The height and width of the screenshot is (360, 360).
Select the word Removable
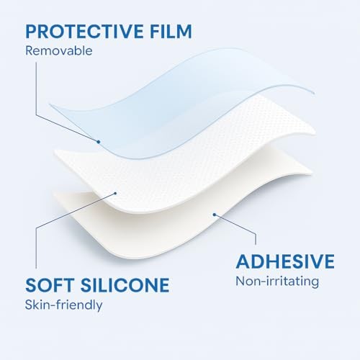click(x=59, y=50)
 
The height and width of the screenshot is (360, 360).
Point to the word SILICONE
click(x=125, y=285)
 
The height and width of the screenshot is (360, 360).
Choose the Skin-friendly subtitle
click(x=63, y=305)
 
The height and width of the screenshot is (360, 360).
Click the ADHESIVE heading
click(x=285, y=261)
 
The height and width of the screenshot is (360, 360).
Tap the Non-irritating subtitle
click(x=277, y=281)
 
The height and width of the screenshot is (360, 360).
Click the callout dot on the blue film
click(x=98, y=142)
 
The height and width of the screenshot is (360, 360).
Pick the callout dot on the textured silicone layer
click(x=115, y=193)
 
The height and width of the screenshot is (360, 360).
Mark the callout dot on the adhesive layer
click(x=215, y=215)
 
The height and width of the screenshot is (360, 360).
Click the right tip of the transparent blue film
click(x=314, y=93)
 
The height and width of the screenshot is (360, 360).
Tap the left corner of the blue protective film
click(x=50, y=104)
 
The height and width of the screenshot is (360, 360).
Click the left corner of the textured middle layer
click(x=55, y=150)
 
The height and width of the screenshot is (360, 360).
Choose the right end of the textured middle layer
click(x=315, y=132)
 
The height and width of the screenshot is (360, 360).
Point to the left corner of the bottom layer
click(x=53, y=192)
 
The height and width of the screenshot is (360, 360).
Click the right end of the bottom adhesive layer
click(x=312, y=172)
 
